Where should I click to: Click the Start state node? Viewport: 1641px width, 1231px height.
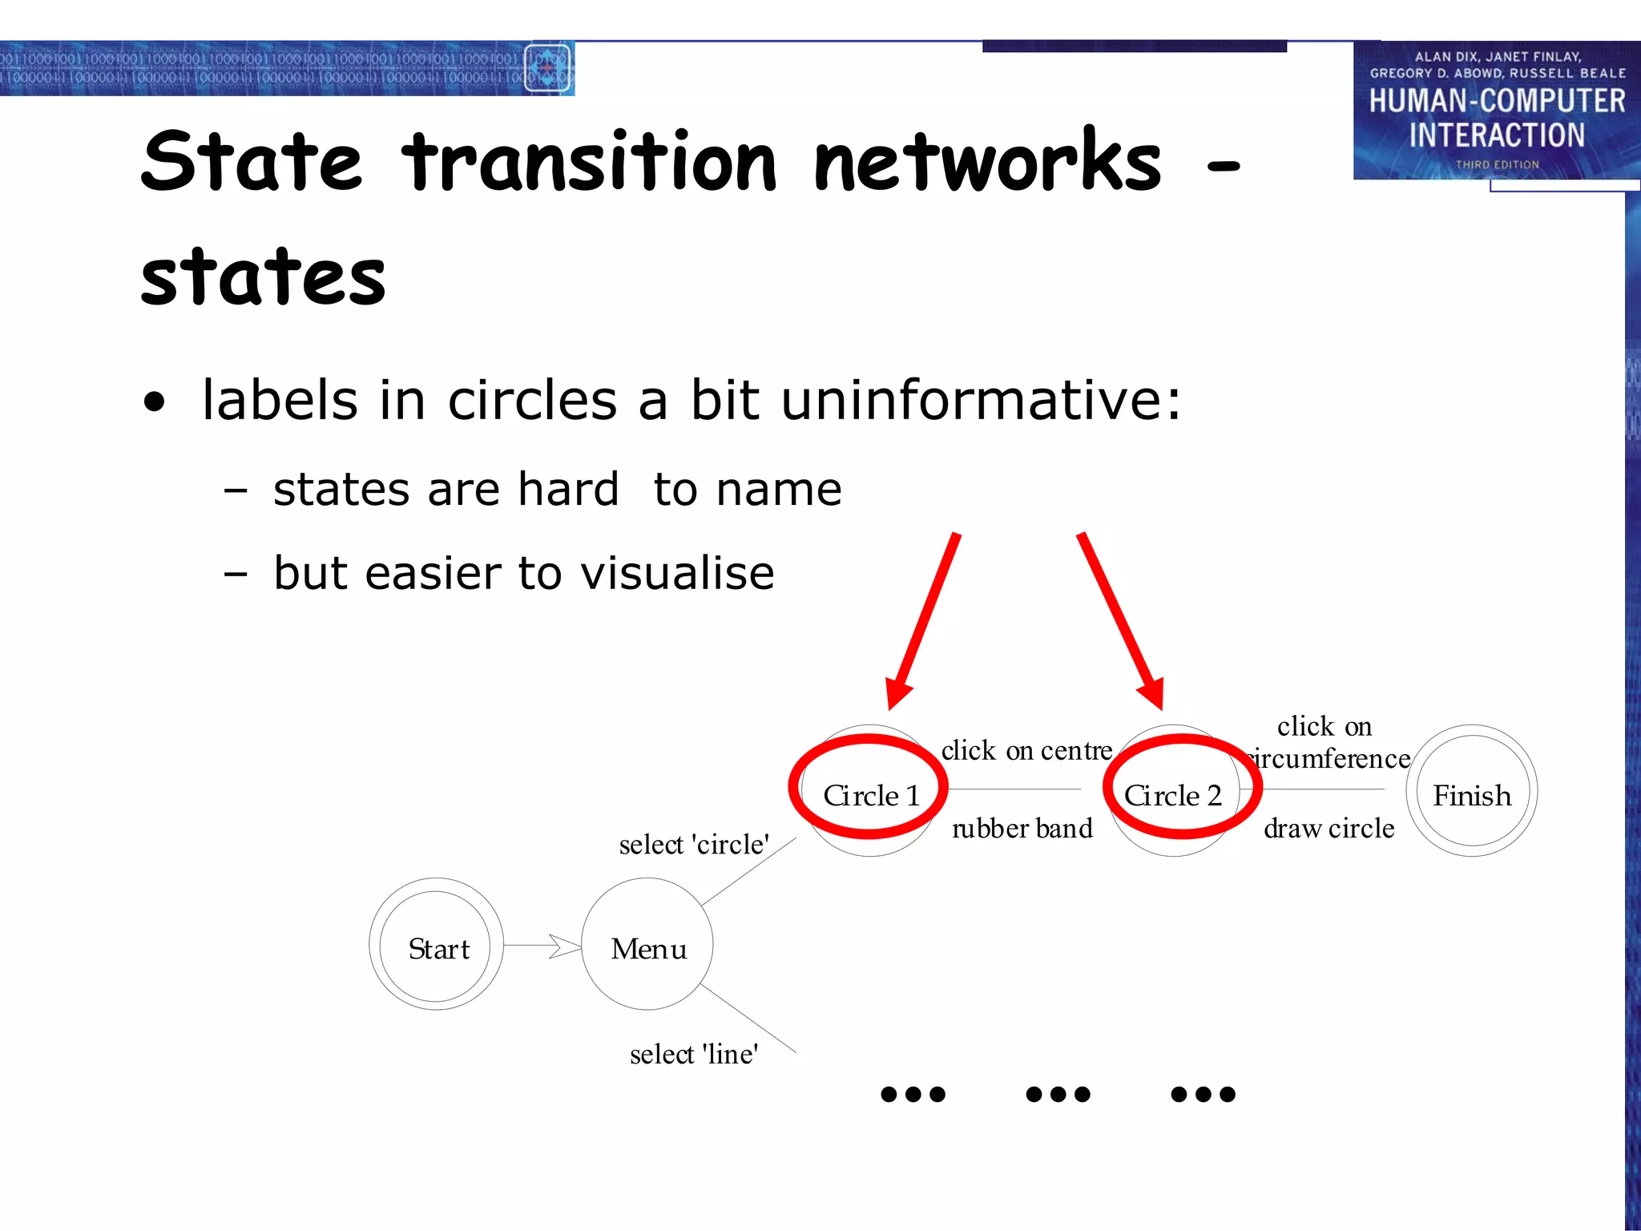437,946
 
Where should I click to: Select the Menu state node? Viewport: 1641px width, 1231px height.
647,946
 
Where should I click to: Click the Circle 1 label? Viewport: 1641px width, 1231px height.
871,796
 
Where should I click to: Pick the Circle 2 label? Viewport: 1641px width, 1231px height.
1173,796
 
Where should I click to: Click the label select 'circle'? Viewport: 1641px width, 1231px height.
694,845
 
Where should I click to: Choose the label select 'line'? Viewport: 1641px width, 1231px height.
694,1055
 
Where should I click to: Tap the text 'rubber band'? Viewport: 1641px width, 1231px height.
1022,829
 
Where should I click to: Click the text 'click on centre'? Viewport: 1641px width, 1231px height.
1026,751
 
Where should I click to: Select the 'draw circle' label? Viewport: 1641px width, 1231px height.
1329,829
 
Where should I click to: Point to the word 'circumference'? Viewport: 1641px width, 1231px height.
1331,759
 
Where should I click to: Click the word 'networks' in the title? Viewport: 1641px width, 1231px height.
987,163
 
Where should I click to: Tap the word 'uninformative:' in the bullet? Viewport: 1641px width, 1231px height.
981,400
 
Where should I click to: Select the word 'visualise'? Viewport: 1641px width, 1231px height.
677,573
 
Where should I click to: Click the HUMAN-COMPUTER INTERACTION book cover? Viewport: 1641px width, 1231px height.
1496,111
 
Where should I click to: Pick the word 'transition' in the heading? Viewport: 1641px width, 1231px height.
590,163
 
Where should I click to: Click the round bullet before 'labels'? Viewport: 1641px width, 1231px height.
155,402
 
